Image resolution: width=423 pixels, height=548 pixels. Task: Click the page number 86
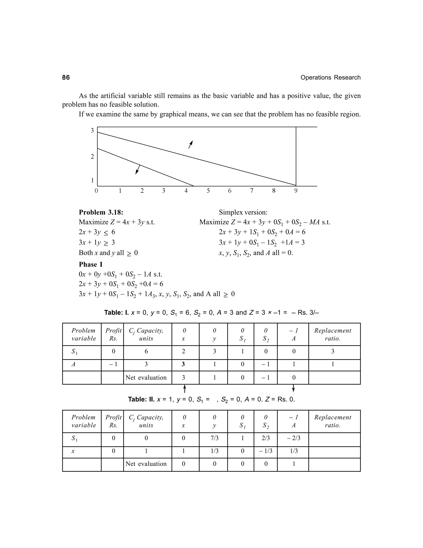[x=66, y=78]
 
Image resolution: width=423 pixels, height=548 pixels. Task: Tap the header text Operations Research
[x=330, y=78]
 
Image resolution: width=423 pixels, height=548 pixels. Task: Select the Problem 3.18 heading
[x=101, y=212]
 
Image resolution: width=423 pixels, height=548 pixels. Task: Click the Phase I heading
[x=90, y=264]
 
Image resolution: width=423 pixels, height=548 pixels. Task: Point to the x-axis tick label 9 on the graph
[x=296, y=191]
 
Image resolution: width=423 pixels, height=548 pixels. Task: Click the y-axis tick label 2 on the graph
[x=92, y=157]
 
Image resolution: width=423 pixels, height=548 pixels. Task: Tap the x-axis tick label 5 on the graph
[x=208, y=191]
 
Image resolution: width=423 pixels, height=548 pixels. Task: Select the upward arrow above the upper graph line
[x=191, y=144]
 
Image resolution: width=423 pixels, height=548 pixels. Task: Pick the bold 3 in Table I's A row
[x=183, y=364]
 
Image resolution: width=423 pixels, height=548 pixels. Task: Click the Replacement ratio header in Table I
[x=333, y=334]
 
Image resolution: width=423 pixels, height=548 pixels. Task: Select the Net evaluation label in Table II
[x=146, y=464]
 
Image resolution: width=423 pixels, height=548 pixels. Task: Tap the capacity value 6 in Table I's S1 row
[x=146, y=351]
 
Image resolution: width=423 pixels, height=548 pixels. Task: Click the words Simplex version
[x=243, y=212]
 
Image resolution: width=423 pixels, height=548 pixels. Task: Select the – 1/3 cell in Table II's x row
[x=266, y=451]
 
